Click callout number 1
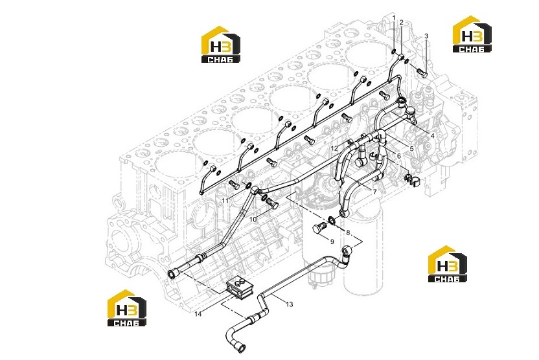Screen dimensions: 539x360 pyautogui.click(x=394, y=17)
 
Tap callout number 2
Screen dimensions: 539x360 pyautogui.click(x=401, y=22)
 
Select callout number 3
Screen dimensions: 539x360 pyautogui.click(x=426, y=36)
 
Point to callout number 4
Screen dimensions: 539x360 pyautogui.click(x=433, y=136)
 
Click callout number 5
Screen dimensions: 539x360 pyautogui.click(x=411, y=148)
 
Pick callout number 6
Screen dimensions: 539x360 pyautogui.click(x=399, y=156)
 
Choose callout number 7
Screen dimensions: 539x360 pyautogui.click(x=375, y=192)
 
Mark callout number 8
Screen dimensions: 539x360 pyautogui.click(x=348, y=233)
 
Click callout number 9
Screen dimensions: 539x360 pyautogui.click(x=332, y=242)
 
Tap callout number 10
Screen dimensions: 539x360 pyautogui.click(x=253, y=219)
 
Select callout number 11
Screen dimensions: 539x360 pyautogui.click(x=225, y=200)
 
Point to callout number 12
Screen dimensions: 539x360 pyautogui.click(x=334, y=148)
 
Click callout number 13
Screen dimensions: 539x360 pyautogui.click(x=290, y=304)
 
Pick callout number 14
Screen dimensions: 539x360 pyautogui.click(x=198, y=313)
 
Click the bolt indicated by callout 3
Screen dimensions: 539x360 pyautogui.click(x=422, y=73)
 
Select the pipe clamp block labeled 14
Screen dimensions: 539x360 pyautogui.click(x=240, y=288)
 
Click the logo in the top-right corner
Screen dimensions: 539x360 pyautogui.click(x=472, y=34)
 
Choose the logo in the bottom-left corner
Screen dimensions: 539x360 pyautogui.click(x=126, y=308)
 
